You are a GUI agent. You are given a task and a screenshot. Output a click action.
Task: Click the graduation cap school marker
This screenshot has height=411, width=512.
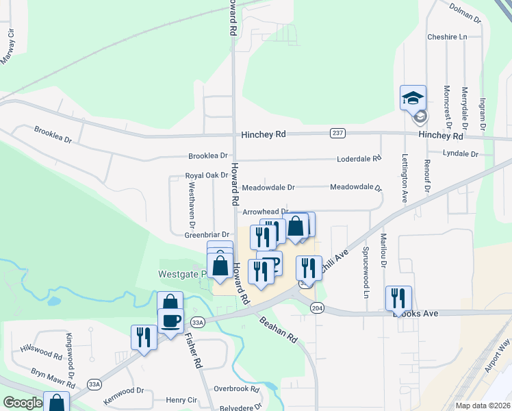point(413,98)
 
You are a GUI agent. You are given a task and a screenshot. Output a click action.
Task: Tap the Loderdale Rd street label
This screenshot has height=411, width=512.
point(359,158)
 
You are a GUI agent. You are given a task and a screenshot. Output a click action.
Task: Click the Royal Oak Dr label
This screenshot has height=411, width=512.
point(206,176)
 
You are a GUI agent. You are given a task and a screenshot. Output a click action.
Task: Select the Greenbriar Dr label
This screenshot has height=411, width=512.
point(206,234)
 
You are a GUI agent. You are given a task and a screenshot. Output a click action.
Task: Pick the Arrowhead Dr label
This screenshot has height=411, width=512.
point(266,212)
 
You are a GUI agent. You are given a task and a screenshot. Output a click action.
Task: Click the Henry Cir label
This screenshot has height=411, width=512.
point(181,400)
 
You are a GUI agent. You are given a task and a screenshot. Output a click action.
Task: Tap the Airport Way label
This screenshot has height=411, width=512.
point(497,373)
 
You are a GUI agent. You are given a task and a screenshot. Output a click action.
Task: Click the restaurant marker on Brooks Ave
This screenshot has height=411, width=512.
point(398,299)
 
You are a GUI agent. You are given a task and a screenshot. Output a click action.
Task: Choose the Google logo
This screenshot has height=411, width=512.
point(23,403)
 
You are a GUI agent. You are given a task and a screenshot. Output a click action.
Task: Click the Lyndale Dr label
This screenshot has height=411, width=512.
point(460,153)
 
